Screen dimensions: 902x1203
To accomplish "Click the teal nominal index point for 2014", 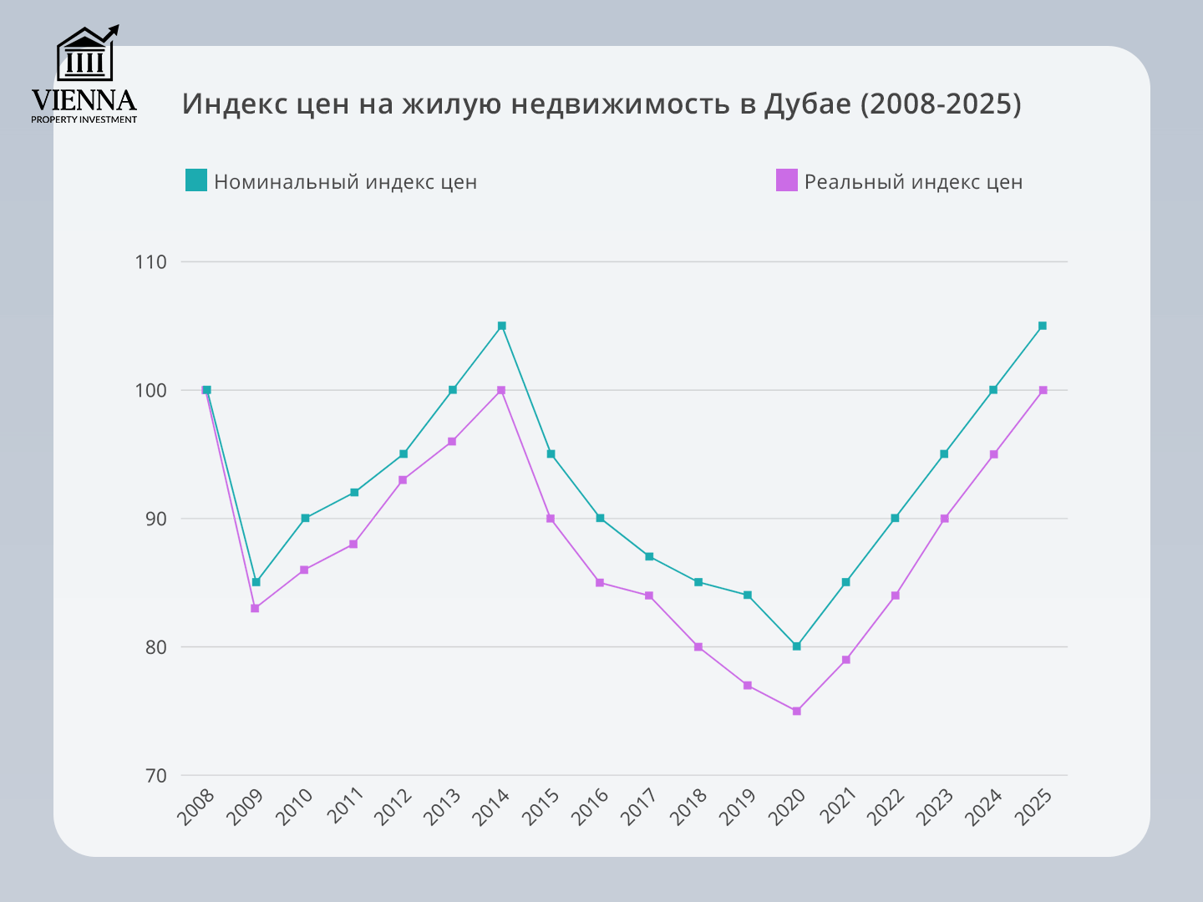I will [501, 326].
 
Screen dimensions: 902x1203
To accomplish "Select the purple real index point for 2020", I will [796, 711].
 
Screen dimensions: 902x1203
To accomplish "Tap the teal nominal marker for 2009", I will [256, 582].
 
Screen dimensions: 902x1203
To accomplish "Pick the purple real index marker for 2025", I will [1043, 390].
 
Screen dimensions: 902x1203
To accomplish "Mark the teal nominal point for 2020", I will [796, 646].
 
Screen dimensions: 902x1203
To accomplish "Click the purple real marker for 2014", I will [501, 390].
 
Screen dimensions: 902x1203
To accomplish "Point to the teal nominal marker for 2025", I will [1043, 326].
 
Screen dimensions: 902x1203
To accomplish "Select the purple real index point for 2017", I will [649, 595].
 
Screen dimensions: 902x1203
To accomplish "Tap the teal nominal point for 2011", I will [354, 493].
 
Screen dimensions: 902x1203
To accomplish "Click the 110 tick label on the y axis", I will [151, 262].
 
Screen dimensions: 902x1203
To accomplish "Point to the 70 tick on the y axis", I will [155, 776].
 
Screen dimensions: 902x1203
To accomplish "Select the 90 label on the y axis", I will [155, 519].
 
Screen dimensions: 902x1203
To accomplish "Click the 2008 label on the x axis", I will [197, 807].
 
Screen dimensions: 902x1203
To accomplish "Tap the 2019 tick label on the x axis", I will [738, 807].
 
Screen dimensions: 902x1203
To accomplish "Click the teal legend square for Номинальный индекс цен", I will [196, 180].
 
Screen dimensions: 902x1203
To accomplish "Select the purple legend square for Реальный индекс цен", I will [787, 180].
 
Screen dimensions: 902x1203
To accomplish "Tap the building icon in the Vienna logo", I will [85, 55].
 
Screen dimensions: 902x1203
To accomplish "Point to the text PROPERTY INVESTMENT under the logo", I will [84, 119].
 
